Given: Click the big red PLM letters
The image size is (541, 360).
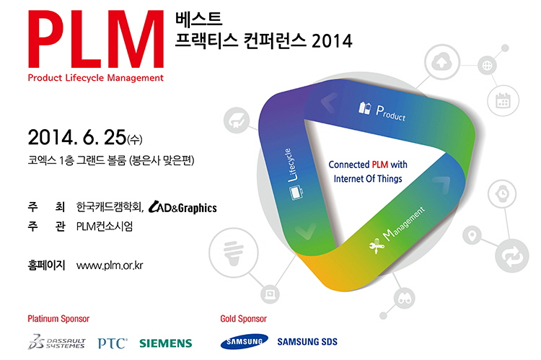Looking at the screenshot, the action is (x=95, y=40).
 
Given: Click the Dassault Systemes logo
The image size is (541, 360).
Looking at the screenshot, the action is (x=56, y=342).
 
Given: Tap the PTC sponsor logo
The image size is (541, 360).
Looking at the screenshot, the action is (x=113, y=343).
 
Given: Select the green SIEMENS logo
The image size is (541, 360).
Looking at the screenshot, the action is (x=166, y=343).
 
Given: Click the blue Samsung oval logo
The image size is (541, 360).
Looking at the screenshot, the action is (x=245, y=341).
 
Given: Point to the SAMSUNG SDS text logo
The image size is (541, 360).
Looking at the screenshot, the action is (x=307, y=342).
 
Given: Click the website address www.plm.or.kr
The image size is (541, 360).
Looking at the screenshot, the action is (x=110, y=265).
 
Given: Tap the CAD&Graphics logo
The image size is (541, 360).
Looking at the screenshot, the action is (x=182, y=207).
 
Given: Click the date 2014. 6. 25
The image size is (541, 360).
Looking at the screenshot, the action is (x=77, y=137).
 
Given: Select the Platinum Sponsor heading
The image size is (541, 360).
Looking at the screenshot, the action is (x=58, y=319).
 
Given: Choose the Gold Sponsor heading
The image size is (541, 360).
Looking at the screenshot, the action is (x=244, y=319).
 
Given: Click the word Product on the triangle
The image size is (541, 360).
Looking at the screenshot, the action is (x=390, y=113).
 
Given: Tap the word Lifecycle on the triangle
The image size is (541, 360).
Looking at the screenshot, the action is (x=291, y=165).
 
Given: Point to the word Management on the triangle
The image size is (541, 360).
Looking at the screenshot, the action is (x=404, y=224).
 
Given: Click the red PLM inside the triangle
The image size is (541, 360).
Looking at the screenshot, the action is (x=380, y=164).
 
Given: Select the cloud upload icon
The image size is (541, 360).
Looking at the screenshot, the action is (x=441, y=63).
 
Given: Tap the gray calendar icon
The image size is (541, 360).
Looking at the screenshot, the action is (x=503, y=100).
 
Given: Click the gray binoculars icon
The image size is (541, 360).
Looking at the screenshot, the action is (x=405, y=299).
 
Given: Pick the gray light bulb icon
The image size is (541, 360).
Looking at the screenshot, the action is (x=234, y=253).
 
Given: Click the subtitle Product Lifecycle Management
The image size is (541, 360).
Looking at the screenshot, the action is (x=95, y=78).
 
